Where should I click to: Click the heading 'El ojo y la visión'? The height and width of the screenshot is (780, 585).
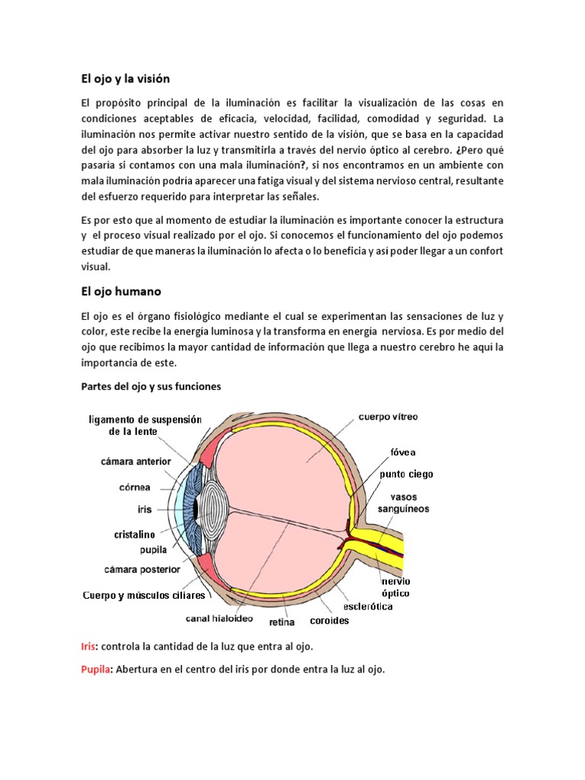(x=125, y=78)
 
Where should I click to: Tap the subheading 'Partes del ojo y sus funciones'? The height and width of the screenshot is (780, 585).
(x=151, y=386)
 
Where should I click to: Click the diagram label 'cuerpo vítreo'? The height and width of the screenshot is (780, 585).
(x=388, y=417)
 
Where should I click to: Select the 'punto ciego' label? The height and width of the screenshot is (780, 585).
(x=407, y=474)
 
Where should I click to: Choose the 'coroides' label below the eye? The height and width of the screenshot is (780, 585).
(x=329, y=620)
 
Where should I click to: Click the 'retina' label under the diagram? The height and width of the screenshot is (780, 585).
(x=283, y=622)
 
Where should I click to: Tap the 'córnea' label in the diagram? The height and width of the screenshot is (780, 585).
(x=134, y=487)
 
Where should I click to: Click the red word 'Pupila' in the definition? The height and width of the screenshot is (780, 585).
(x=96, y=670)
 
